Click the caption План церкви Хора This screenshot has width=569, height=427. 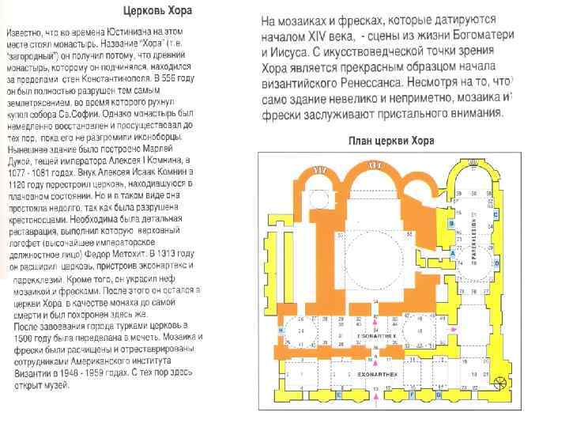(x=394, y=142)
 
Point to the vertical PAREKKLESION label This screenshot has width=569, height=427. (x=473, y=237)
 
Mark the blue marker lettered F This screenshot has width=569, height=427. (x=413, y=394)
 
